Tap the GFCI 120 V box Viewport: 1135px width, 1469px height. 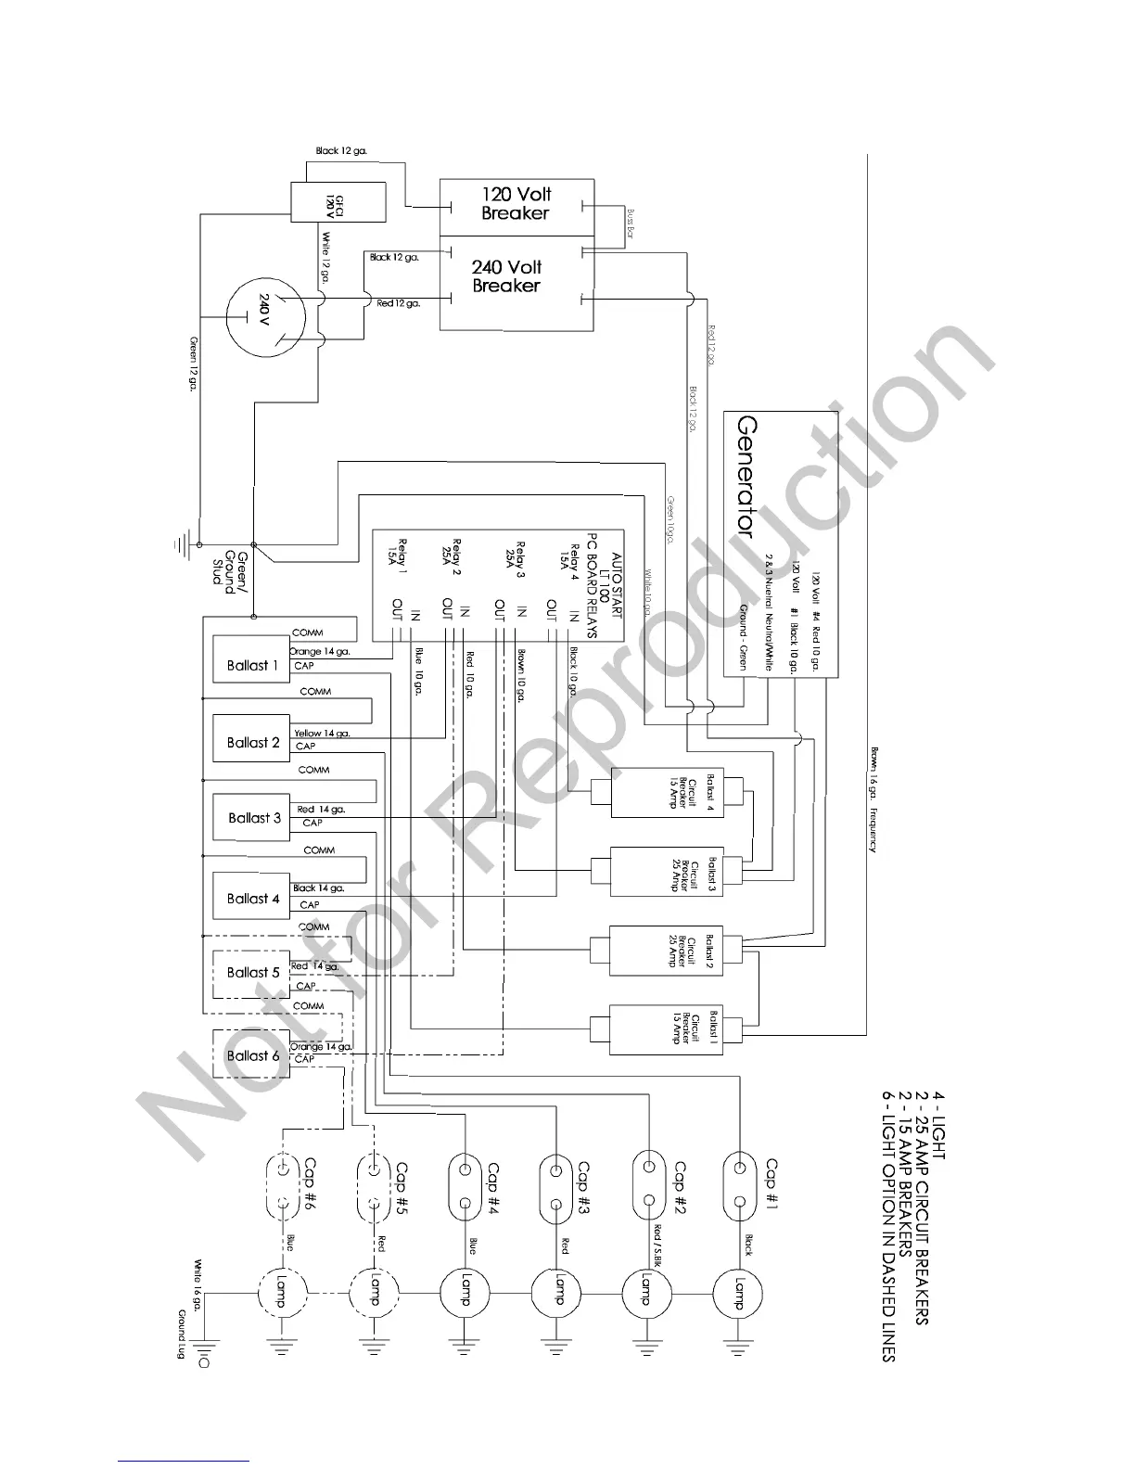[x=338, y=201]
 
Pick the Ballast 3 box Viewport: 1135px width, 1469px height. [x=253, y=817]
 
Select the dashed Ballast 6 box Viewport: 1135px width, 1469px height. [x=251, y=1055]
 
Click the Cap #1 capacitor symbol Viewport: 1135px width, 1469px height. [x=740, y=1186]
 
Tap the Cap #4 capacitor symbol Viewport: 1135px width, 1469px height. [x=465, y=1186]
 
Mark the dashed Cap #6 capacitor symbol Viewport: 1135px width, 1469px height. [x=282, y=1186]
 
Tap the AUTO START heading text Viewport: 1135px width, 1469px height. [x=615, y=551]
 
